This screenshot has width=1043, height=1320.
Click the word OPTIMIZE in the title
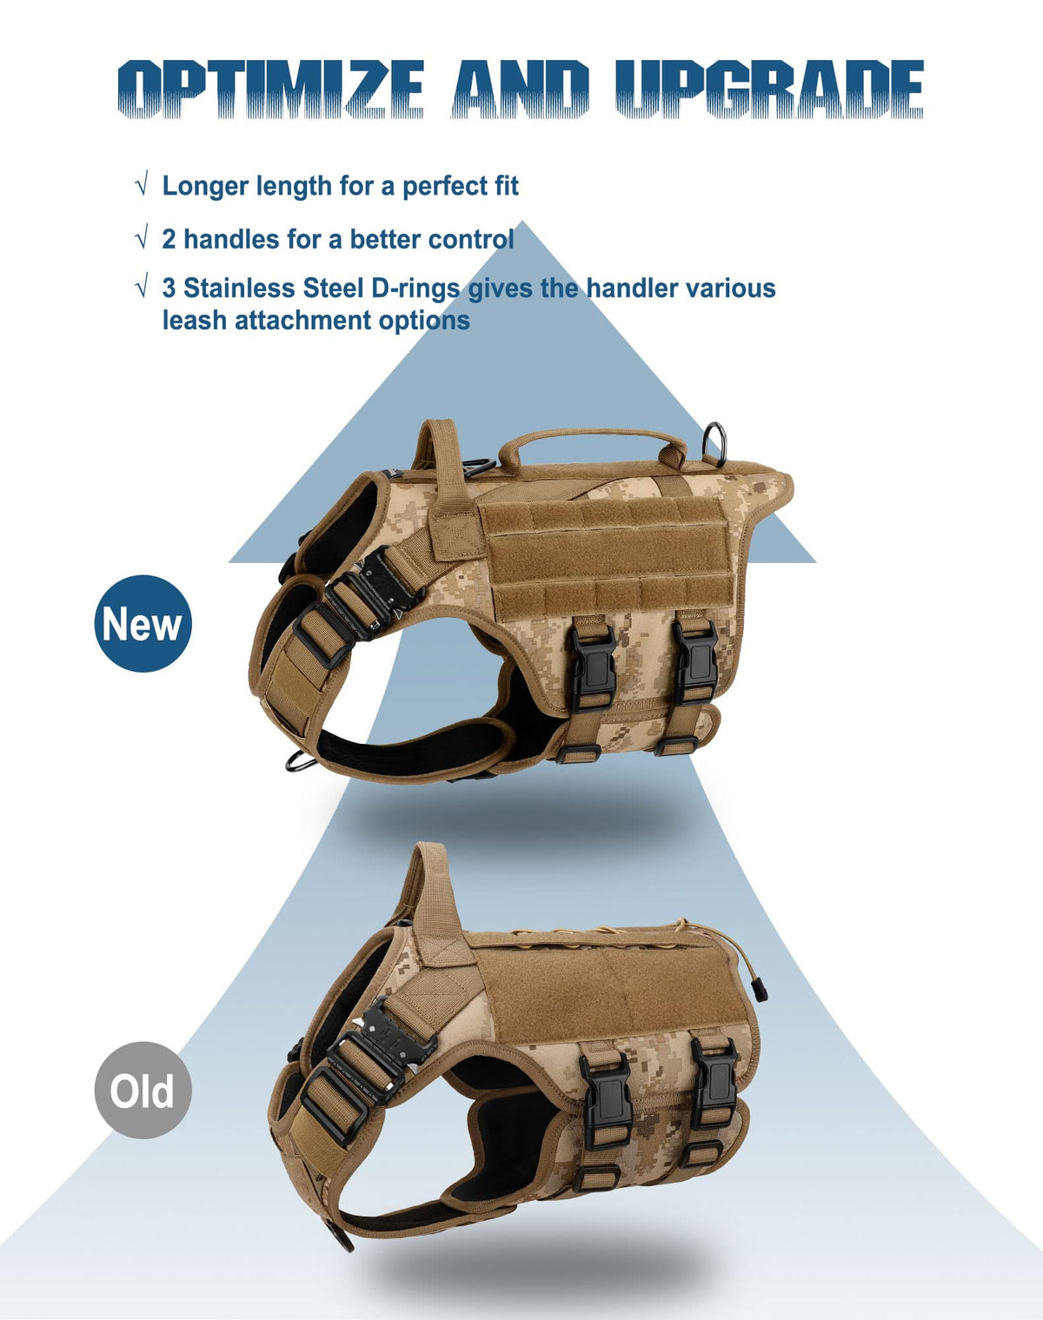click(x=270, y=89)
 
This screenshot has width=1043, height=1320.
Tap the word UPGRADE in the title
click(x=770, y=89)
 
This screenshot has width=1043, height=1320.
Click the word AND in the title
click(x=521, y=89)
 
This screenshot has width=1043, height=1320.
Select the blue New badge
click(x=143, y=623)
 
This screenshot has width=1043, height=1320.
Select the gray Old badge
click(x=143, y=1090)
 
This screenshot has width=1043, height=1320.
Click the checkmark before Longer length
click(x=143, y=184)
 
